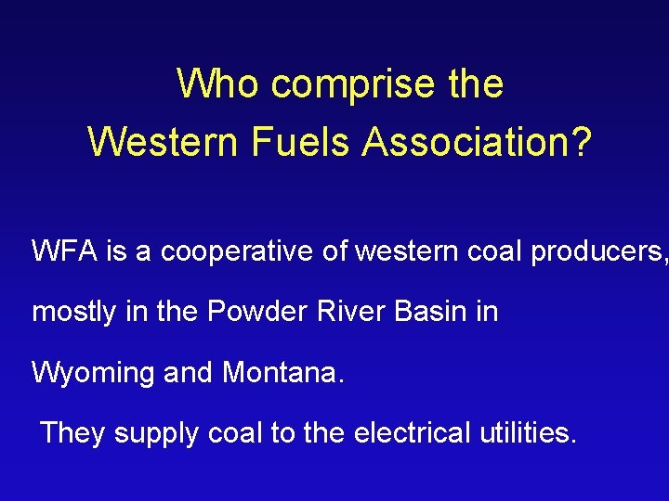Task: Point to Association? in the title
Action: click(x=477, y=142)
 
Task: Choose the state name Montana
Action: click(x=282, y=372)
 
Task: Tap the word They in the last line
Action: click(x=71, y=432)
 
